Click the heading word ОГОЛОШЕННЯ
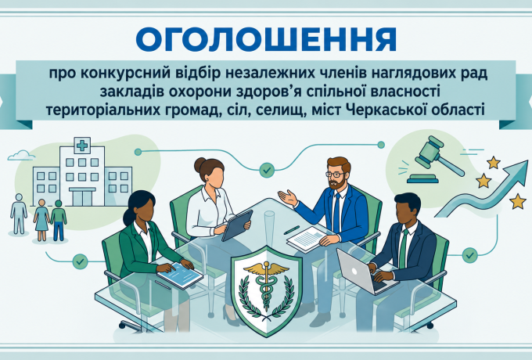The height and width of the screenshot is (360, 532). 266,39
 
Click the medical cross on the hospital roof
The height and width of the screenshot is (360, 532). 82,146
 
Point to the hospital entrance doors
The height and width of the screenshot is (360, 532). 82,198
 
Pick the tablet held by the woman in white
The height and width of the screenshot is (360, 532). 237,225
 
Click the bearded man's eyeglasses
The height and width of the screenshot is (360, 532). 335,175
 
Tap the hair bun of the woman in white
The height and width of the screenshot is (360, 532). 199,164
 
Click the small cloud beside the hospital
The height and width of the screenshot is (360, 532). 21,155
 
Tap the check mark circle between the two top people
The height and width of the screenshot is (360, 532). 267,170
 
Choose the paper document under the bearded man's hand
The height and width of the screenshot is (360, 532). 307,239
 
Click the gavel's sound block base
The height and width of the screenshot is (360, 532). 422,178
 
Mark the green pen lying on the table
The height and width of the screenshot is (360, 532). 292,230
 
